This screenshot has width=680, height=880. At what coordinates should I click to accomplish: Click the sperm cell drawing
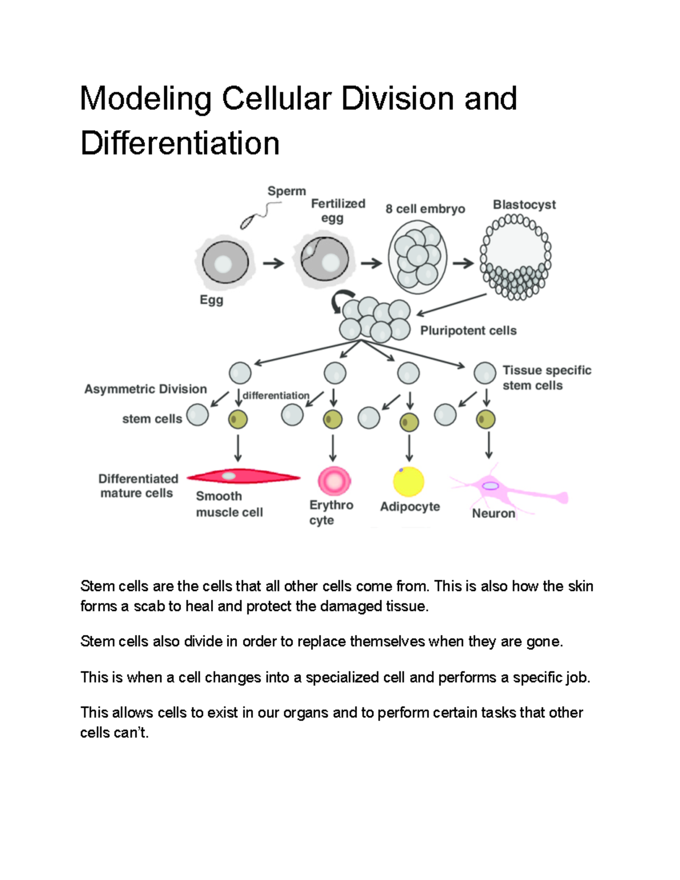pyautogui.click(x=258, y=216)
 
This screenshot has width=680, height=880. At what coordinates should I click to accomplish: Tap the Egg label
pyautogui.click(x=211, y=300)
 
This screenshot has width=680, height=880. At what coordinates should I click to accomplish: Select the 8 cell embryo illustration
pyautogui.click(x=418, y=257)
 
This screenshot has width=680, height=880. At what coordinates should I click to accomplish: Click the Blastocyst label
pyautogui.click(x=524, y=205)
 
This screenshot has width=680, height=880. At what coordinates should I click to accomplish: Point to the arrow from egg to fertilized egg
pyautogui.click(x=274, y=263)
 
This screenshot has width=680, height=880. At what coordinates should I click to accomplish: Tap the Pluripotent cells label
pyautogui.click(x=468, y=330)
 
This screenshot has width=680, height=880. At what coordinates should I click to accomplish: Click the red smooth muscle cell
pyautogui.click(x=244, y=477)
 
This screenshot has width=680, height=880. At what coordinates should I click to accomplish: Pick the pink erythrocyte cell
pyautogui.click(x=334, y=481)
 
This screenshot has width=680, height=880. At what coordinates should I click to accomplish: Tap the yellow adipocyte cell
pyautogui.click(x=409, y=481)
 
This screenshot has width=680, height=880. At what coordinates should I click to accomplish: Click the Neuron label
pyautogui.click(x=494, y=513)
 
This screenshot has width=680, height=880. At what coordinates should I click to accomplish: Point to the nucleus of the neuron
pyautogui.click(x=490, y=486)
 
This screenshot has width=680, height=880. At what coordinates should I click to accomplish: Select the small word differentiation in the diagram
pyautogui.click(x=276, y=396)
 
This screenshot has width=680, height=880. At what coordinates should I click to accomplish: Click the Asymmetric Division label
pyautogui.click(x=146, y=389)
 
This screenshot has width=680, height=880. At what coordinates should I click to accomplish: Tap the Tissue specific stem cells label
pyautogui.click(x=546, y=377)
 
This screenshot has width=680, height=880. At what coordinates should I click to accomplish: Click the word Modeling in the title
pyautogui.click(x=146, y=99)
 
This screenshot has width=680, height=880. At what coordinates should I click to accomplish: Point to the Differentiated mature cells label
pyautogui.click(x=138, y=486)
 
